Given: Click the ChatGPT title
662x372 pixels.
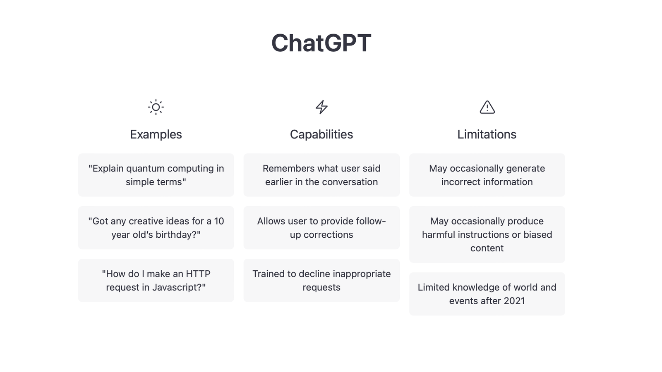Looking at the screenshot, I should point(321,43).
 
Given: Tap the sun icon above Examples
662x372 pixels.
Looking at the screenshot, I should point(156,107).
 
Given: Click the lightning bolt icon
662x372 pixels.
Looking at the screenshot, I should point(321,107).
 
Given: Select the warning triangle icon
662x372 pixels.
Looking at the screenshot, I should point(487,107).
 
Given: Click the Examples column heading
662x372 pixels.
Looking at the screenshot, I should point(156,134).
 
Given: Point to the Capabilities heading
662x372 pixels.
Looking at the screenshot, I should point(321,134).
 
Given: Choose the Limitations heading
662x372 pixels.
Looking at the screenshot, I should point(487,134).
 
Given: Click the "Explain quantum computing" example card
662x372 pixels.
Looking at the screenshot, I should point(156,175).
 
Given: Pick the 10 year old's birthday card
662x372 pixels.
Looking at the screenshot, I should point(156,228).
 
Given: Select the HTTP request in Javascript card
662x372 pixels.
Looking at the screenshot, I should point(156,280).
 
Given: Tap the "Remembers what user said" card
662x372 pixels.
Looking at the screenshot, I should point(321,175).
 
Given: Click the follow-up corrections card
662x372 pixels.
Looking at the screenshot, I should point(321,228).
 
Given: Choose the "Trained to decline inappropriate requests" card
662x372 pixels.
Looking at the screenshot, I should point(321,280).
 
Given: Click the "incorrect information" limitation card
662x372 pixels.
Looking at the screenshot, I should point(487,175).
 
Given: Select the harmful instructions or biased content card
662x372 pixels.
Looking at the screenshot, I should point(487,234).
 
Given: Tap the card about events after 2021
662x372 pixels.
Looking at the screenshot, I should point(487,294).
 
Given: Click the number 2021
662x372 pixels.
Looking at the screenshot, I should point(514,301).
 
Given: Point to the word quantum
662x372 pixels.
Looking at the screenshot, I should point(145,169).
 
